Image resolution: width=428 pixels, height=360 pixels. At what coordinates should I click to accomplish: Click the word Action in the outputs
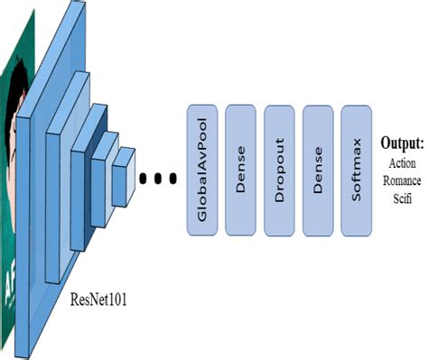tap(402, 164)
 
